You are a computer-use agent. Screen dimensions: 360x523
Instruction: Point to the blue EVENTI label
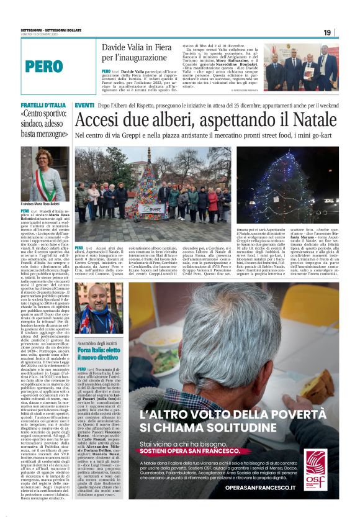pyautogui.click(x=84, y=106)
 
